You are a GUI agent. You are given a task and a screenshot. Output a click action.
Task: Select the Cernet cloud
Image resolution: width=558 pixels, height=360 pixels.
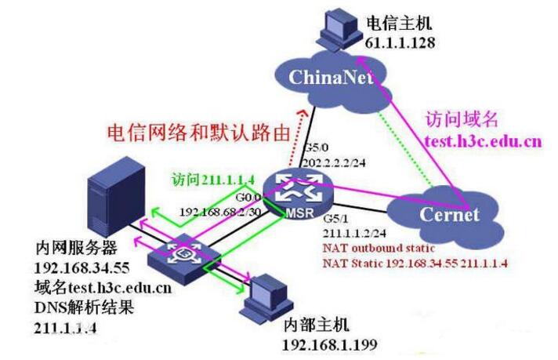pyautogui.click(x=447, y=209)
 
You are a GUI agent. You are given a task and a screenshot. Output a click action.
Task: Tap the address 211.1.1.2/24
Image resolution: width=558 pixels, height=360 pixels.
pyautogui.click(x=353, y=234)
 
